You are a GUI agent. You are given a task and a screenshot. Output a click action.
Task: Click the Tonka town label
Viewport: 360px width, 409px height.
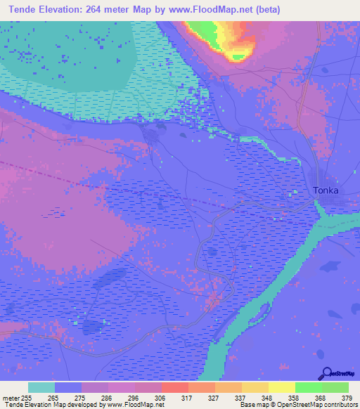[x=326, y=190]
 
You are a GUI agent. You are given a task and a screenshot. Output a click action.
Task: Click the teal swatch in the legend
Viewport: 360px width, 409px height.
[x=41, y=387]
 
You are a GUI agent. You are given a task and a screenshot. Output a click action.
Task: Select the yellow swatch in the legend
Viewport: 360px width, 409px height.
[x=281, y=387]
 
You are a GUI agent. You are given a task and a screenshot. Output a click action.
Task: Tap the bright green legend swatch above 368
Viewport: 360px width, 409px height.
[x=308, y=387]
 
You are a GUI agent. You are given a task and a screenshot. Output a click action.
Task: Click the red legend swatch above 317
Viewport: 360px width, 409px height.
[x=174, y=387]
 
